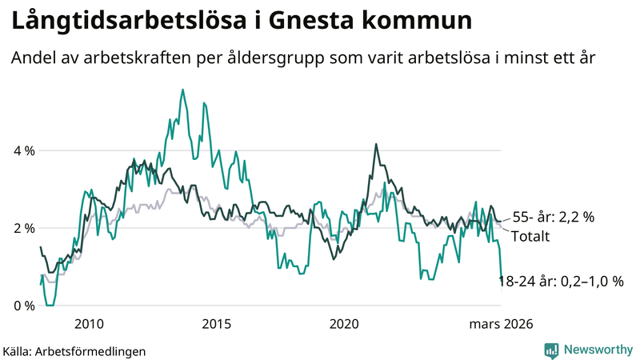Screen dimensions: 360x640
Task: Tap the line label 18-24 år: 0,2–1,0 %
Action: click(x=560, y=282)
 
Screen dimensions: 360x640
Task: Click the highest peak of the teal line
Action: click(x=182, y=90)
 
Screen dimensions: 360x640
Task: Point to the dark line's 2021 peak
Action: click(x=375, y=145)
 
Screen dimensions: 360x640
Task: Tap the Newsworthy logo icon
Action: click(x=551, y=350)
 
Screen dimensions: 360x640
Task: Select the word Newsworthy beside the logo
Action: click(x=598, y=350)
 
